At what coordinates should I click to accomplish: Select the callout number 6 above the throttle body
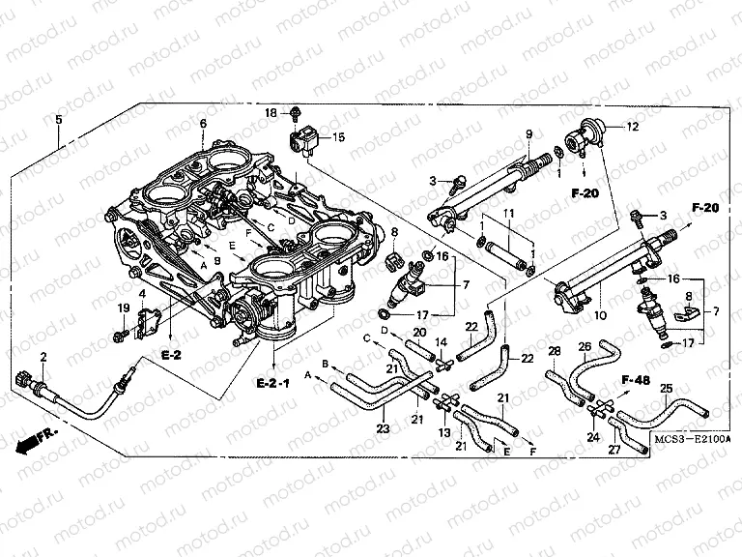coord(203,124)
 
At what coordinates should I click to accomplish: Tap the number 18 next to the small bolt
coord(271,114)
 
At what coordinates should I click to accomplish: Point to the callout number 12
coord(633,127)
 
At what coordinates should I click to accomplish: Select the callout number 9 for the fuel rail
coord(529,132)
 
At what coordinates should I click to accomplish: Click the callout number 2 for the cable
coord(43,358)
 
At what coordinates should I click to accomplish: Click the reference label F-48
coord(635,379)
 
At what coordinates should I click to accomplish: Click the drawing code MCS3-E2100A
coord(689,441)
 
